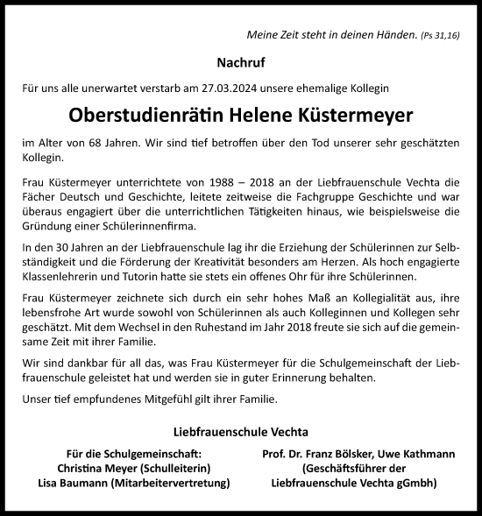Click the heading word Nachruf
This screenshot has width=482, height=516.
(240, 63)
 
